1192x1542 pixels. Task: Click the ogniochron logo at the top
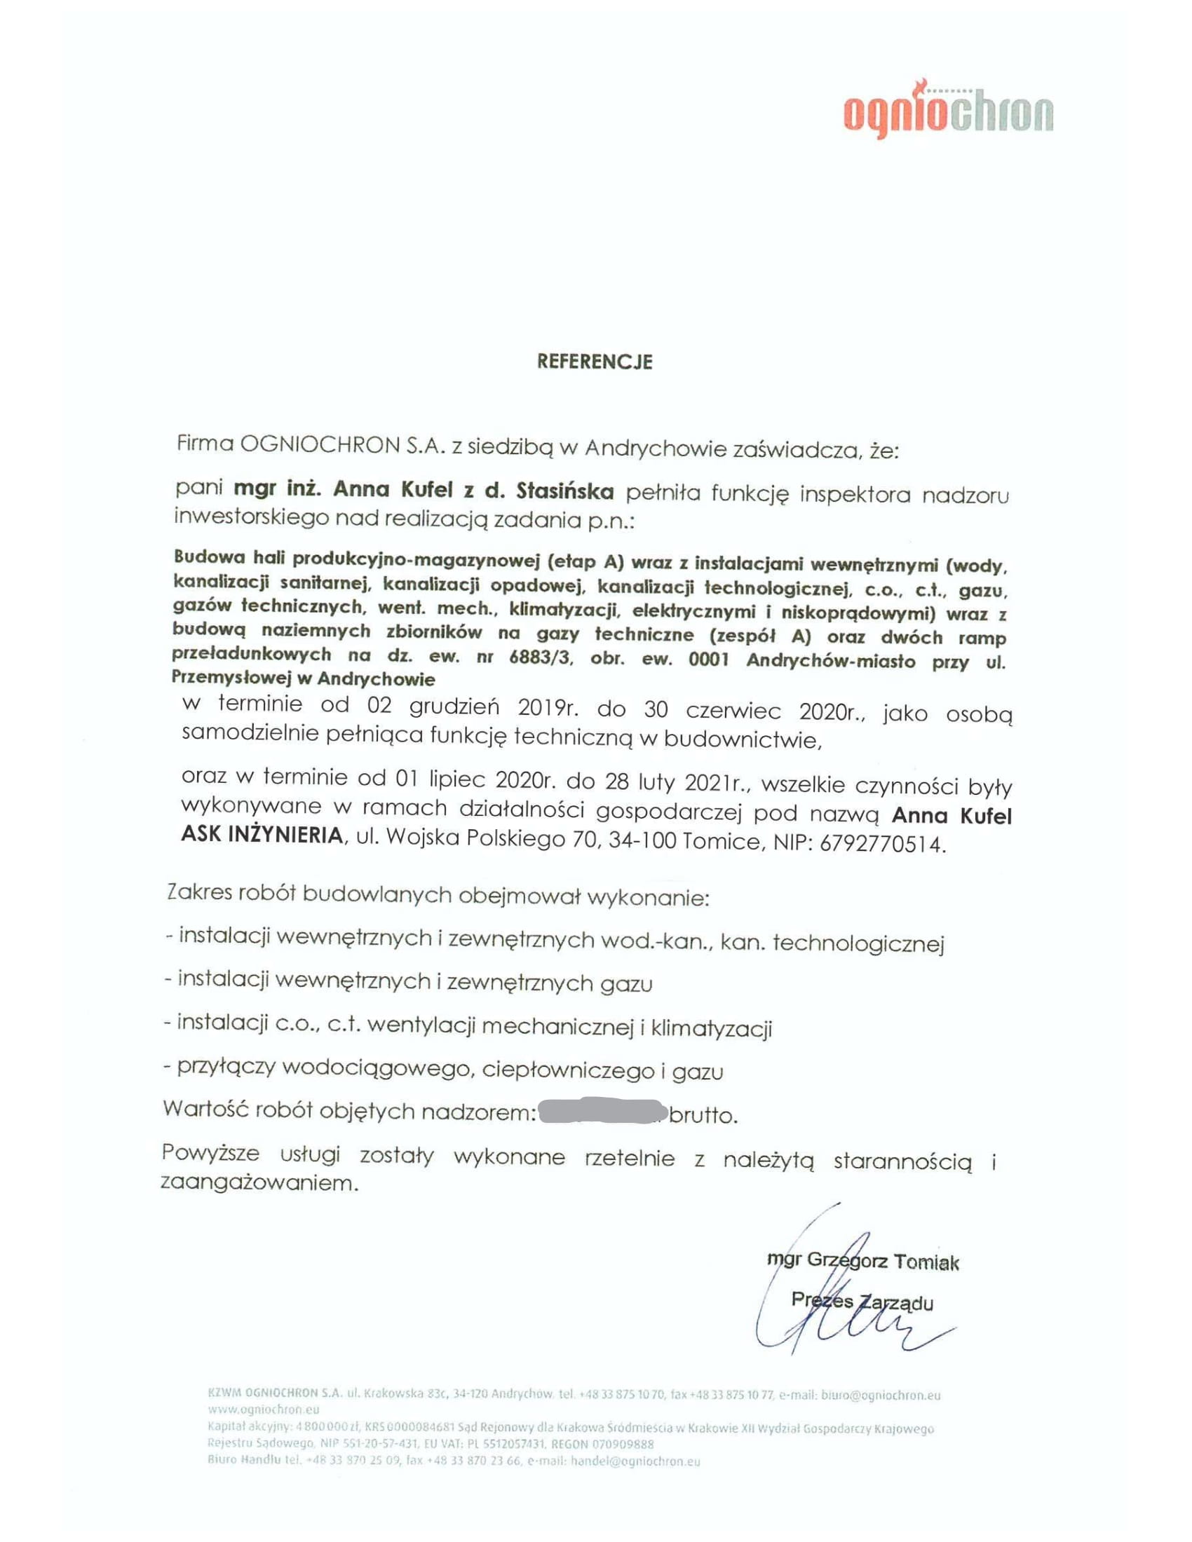[x=949, y=112]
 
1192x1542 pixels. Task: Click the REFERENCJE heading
[x=595, y=362]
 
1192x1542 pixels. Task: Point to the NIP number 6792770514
[x=882, y=843]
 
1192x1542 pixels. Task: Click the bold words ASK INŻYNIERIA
[x=262, y=835]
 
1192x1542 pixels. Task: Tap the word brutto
[x=703, y=1115]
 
